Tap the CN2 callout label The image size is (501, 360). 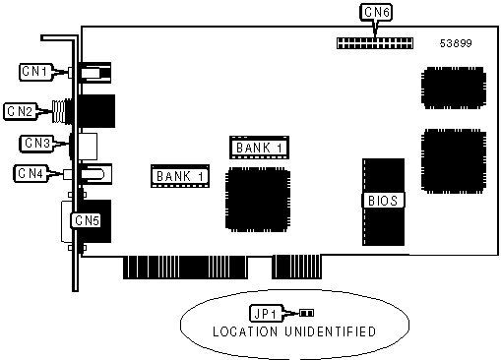[x=21, y=111]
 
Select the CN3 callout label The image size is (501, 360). [x=36, y=144]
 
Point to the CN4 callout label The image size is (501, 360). [x=31, y=173]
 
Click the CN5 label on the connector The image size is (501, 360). [x=87, y=220]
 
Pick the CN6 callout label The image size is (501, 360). [x=376, y=13]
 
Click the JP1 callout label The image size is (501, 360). [x=266, y=314]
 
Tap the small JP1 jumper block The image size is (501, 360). [x=306, y=313]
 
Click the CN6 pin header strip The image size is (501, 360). [x=375, y=43]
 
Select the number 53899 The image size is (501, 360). [x=456, y=43]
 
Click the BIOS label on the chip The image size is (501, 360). [x=383, y=201]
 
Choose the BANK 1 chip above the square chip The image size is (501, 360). [x=259, y=148]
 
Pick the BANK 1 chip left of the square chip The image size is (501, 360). [x=180, y=176]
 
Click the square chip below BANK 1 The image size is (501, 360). [x=258, y=200]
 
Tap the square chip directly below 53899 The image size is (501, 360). [x=454, y=88]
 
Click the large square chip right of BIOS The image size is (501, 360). [x=454, y=161]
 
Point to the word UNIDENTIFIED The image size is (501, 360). [x=330, y=331]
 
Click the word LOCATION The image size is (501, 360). [x=245, y=331]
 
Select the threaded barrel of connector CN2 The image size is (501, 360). [x=61, y=111]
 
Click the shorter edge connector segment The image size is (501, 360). [x=296, y=267]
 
